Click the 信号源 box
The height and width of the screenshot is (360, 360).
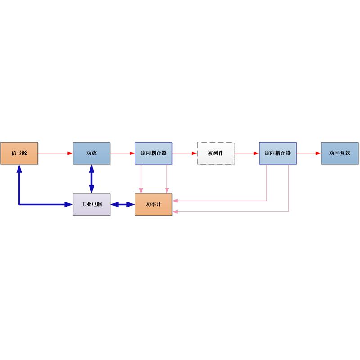click(x=19, y=153)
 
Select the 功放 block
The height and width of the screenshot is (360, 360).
click(x=92, y=153)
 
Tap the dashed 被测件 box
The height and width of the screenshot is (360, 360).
click(x=216, y=153)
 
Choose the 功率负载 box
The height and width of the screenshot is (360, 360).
click(x=340, y=153)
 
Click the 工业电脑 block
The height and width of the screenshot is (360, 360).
click(x=92, y=204)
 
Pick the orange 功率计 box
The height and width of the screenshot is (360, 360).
click(x=153, y=204)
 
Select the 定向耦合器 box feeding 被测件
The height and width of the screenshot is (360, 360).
click(x=153, y=153)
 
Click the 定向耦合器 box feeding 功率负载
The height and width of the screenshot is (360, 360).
click(x=278, y=153)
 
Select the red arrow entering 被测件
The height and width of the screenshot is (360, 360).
click(x=184, y=153)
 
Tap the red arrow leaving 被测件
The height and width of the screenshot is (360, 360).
click(x=247, y=153)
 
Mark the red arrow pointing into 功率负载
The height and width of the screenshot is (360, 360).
click(x=309, y=153)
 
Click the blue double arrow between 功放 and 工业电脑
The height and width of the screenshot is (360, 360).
click(x=92, y=179)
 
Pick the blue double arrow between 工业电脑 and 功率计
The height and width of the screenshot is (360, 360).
click(x=122, y=204)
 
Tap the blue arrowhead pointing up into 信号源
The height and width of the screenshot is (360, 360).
click(x=19, y=168)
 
